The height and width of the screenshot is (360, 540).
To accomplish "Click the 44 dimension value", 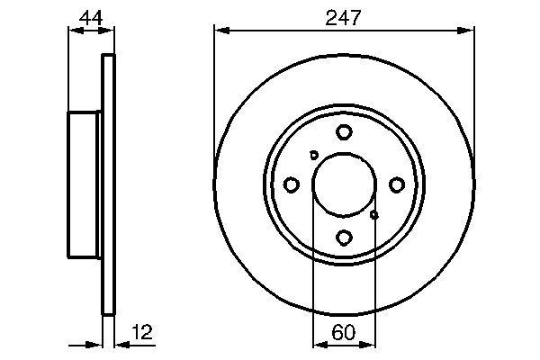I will (x=90, y=16).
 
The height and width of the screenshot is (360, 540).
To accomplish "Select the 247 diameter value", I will (x=343, y=16).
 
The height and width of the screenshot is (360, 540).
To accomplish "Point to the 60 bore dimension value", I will (x=343, y=331).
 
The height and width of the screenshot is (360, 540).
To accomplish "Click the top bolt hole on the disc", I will (x=344, y=132).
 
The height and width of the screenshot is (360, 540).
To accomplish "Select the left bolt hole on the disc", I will (x=291, y=184).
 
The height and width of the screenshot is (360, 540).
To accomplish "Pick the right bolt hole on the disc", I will (x=396, y=184).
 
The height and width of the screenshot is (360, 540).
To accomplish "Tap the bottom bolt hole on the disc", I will (x=344, y=238).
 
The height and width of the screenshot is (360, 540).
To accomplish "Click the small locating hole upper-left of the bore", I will (x=314, y=155).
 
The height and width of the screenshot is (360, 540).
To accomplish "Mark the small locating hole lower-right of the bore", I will (x=374, y=214).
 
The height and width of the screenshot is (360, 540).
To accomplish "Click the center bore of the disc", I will (x=344, y=184).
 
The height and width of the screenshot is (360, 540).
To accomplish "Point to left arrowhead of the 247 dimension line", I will (x=219, y=31).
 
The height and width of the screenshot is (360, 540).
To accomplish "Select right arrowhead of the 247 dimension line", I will (x=468, y=31).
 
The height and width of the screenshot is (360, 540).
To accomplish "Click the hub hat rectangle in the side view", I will (x=85, y=184).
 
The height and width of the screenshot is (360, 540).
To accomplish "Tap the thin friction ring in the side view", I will (x=110, y=184).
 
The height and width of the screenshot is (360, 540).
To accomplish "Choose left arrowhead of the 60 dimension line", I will (x=317, y=343).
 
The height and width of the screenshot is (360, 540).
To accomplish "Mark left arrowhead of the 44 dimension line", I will (x=74, y=31).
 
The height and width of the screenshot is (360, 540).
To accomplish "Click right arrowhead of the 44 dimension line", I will (x=111, y=31).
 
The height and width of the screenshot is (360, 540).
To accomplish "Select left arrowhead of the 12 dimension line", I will (x=98, y=343).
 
